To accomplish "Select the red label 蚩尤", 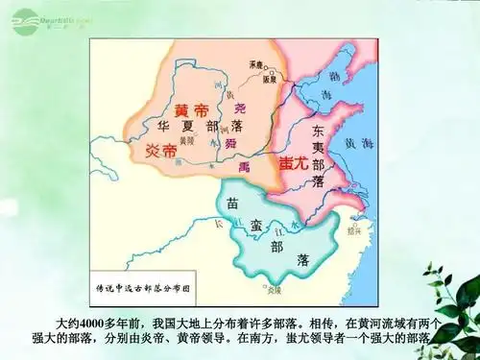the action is point(293,163).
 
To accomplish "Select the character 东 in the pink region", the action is point(320,132).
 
